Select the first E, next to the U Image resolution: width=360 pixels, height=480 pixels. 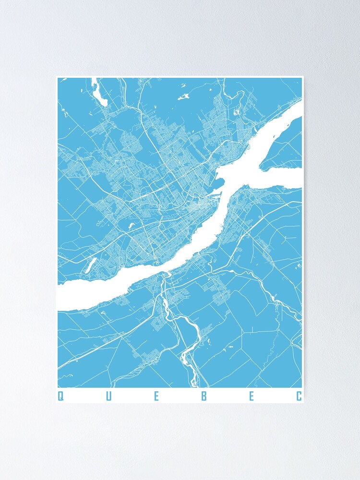point(156,396)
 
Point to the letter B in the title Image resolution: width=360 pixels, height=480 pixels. point(204,396)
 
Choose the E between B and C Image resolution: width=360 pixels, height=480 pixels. point(252,396)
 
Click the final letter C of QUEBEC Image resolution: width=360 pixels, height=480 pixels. point(299,396)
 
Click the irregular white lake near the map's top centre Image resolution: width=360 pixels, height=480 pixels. point(183,97)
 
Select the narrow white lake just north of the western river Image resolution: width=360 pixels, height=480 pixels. point(90,265)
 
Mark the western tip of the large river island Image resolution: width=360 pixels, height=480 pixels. point(262,166)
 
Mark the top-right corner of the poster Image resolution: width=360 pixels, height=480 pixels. point(303,76)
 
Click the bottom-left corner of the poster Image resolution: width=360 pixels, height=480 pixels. point(56,403)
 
